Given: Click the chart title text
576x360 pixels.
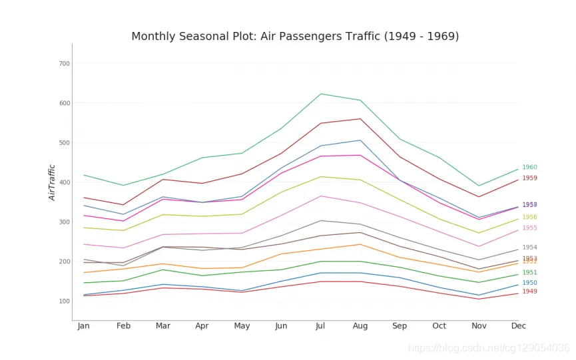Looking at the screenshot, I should (295, 37).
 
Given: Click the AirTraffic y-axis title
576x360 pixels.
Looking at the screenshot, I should (53, 182).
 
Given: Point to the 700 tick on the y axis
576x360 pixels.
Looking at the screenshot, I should (64, 64).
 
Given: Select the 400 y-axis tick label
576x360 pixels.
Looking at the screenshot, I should (64, 182).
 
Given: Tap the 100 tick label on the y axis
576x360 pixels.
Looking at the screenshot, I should (64, 301).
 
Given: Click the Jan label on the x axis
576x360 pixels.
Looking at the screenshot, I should (84, 326).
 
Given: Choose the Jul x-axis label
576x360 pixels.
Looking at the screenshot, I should (320, 326).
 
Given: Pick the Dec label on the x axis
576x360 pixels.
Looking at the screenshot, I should (518, 326).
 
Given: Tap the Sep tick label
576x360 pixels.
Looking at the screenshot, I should (400, 326).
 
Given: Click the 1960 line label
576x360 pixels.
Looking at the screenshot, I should (529, 168).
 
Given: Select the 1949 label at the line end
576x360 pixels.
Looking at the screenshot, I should (529, 291).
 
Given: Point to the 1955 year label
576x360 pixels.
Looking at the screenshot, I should (529, 228).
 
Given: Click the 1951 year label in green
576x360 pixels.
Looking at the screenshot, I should (529, 273).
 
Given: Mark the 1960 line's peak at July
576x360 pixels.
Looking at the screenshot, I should (321, 94).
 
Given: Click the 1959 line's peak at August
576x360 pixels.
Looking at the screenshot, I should (360, 118).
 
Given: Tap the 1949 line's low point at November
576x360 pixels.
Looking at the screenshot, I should (479, 299).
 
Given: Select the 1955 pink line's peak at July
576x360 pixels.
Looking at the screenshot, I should (321, 196).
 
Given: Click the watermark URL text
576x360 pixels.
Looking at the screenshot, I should (489, 348).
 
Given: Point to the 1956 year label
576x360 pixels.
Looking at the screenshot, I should (529, 217).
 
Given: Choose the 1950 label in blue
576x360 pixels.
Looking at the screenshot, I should (529, 283).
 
